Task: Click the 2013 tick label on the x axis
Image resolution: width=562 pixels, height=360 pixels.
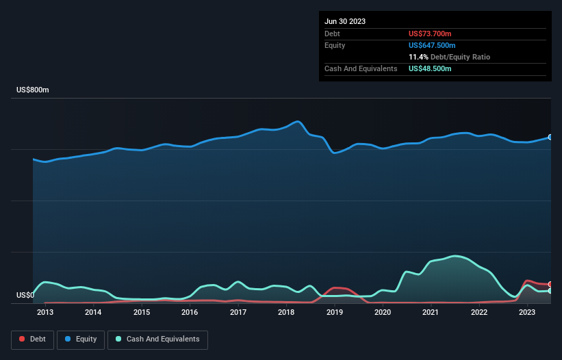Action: point(45,313)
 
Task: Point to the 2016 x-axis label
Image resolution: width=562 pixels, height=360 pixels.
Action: point(190,313)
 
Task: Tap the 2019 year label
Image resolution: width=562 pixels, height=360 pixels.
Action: point(335,313)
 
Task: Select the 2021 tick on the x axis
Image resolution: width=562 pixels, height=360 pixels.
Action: point(431,313)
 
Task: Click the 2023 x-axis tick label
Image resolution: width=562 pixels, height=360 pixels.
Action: point(527,313)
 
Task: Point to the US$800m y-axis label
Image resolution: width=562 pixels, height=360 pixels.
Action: point(33,90)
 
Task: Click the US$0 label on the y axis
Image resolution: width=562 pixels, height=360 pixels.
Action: point(25,296)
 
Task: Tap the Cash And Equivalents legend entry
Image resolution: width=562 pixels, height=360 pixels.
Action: point(157,339)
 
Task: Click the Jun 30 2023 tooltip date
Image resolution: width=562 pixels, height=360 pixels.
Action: point(345,21)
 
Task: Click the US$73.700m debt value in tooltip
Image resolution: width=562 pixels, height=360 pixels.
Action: point(430,34)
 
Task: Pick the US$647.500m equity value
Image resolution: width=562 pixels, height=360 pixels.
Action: point(432,45)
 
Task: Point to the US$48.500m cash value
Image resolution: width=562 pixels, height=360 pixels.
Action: point(430,68)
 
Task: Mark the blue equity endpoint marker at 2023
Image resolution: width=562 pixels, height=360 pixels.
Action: point(550,137)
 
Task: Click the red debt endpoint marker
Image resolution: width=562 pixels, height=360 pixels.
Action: point(550,284)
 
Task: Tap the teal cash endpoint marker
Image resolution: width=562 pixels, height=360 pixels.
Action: point(550,291)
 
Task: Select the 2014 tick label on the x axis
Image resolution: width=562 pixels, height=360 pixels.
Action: point(93,313)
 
